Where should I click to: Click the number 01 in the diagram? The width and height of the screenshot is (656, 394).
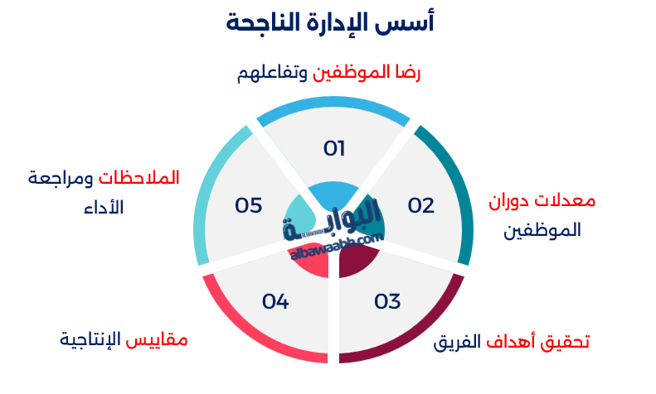point(333,149)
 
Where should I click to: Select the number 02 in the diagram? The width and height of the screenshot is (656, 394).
point(420,206)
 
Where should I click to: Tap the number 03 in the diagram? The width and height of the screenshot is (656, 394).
point(387,301)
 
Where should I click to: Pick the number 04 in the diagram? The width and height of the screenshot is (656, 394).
point(275,301)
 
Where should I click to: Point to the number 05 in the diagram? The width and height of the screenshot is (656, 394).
point(248,205)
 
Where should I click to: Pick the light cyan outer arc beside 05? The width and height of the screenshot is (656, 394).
point(203,190)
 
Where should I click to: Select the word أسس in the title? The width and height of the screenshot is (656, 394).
point(411,22)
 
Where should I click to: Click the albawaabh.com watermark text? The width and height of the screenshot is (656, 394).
point(336,247)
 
